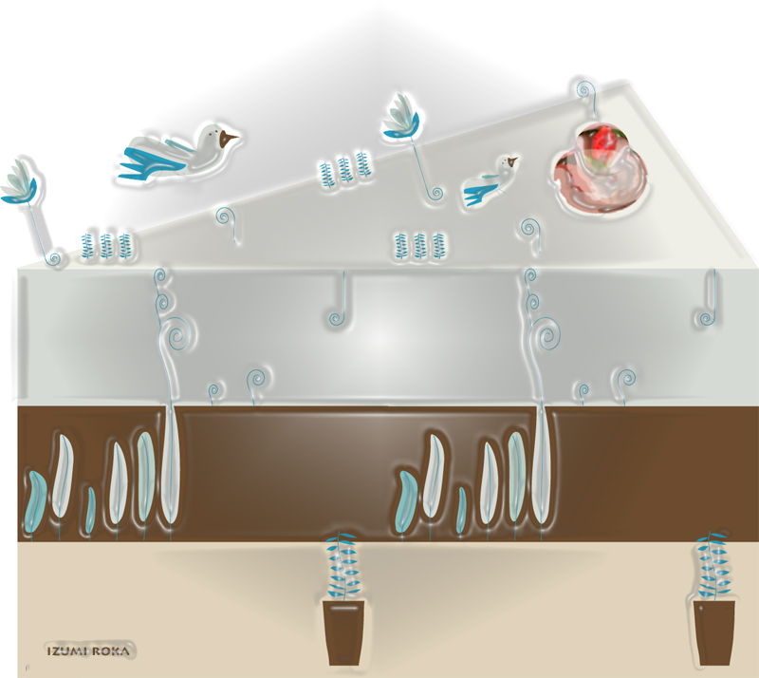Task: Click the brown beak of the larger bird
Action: pos(227,140)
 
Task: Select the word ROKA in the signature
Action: pos(110,650)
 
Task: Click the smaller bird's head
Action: pos(509,163)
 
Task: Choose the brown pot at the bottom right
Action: pos(714,633)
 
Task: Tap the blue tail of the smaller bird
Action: pos(479,193)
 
